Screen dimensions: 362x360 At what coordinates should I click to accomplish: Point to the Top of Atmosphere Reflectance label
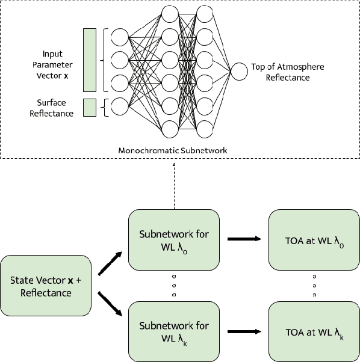280,73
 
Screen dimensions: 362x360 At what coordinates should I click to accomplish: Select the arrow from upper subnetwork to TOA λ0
245,239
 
